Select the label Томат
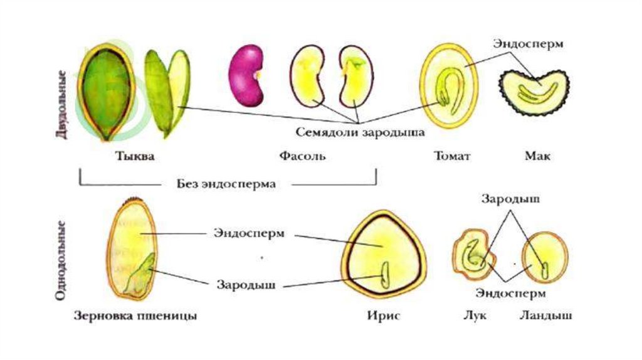coord(451,156)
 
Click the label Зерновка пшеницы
coord(135,316)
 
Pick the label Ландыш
coord(545,316)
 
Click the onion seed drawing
coord(473,256)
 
